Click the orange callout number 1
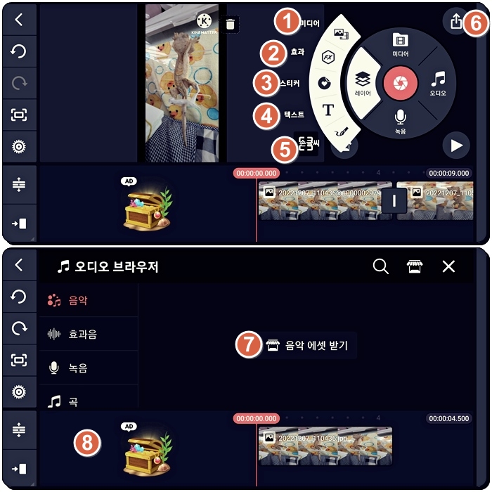tap(285, 22)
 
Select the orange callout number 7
tap(247, 346)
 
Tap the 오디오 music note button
tap(438, 83)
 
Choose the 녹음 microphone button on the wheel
tap(400, 119)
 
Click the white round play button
tap(456, 145)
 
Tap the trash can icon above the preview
tap(231, 25)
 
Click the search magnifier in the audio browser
tap(380, 266)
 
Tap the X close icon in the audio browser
tap(448, 266)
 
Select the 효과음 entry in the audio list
tap(82, 334)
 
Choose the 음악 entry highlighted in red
tap(77, 300)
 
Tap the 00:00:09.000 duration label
tap(448, 173)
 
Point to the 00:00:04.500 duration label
tap(448, 418)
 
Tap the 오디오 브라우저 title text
tap(117, 266)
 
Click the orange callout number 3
tap(266, 83)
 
